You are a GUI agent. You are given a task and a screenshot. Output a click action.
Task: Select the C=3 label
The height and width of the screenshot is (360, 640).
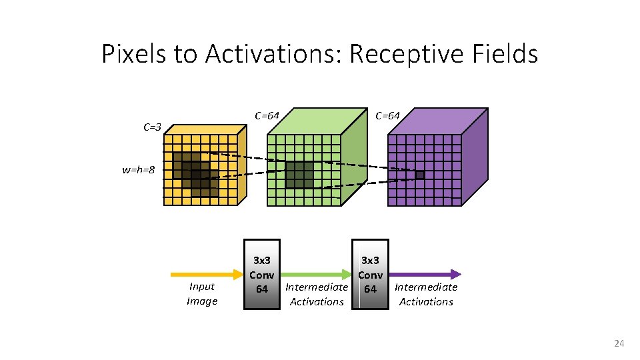click(153, 127)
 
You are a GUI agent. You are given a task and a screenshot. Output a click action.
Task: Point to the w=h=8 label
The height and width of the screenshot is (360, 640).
click(139, 170)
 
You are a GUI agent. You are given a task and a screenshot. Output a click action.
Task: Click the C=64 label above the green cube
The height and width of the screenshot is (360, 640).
click(267, 115)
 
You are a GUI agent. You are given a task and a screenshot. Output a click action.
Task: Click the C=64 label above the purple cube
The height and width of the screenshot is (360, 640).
click(387, 115)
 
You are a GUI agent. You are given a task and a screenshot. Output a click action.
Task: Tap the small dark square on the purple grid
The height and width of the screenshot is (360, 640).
click(419, 175)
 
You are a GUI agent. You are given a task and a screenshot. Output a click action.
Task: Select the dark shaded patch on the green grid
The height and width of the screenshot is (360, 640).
click(299, 175)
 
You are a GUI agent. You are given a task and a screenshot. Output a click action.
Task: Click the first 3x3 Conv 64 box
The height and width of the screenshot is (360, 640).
click(262, 274)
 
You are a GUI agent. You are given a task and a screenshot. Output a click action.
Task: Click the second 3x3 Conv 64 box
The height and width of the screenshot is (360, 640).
click(370, 274)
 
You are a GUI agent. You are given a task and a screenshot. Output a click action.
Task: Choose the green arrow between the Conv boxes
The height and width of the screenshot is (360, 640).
click(316, 274)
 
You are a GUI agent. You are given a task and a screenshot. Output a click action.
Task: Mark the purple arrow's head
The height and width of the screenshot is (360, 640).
click(456, 274)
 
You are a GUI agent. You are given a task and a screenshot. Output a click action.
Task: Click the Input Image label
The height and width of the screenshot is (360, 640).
click(202, 294)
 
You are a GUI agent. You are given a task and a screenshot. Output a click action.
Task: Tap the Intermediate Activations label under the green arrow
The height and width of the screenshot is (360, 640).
click(317, 294)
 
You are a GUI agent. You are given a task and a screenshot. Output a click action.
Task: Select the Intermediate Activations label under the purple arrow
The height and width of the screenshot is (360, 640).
click(426, 294)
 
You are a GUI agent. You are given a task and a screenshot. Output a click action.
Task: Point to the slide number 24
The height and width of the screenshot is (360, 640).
click(619, 343)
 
